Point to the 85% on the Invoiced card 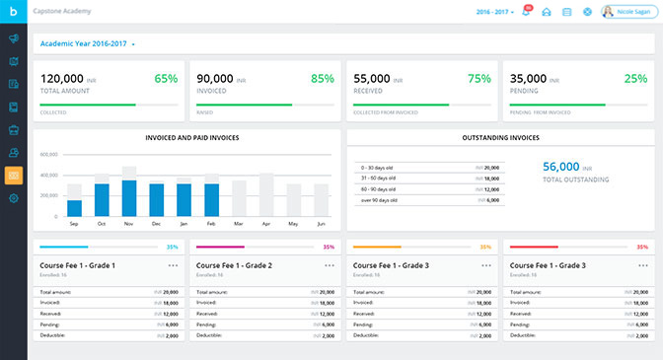point(323,78)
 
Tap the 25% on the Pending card point(636,78)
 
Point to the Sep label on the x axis point(74,225)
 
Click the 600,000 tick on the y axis point(48,155)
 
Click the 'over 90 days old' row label point(380,200)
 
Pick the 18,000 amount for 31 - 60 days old point(488,179)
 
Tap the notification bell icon point(526,12)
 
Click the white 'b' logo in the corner point(14,12)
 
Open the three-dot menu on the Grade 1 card point(174,265)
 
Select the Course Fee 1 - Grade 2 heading point(234,265)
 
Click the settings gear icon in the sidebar point(14,198)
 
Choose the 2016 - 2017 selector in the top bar point(493,12)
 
